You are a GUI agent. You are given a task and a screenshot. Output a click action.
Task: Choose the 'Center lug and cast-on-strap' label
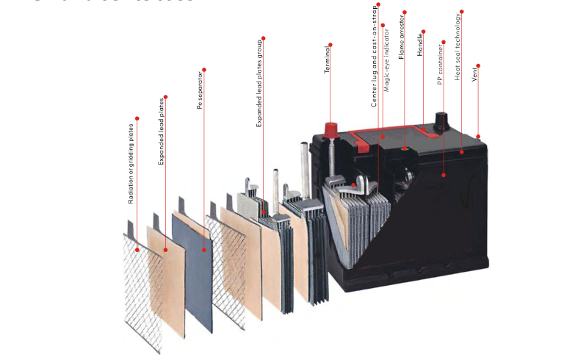374,59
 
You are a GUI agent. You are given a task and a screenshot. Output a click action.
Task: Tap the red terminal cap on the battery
330,130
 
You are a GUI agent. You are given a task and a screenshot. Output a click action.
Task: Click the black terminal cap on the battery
443,120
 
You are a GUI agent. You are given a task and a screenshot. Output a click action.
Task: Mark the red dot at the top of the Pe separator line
204,70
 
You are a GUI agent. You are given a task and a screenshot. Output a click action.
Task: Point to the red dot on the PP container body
444,176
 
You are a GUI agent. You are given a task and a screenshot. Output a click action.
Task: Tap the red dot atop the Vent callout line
478,65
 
